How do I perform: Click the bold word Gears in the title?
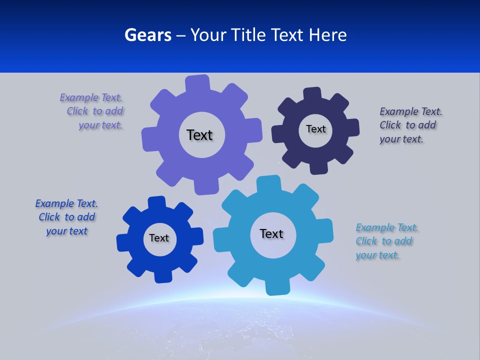coord(147,35)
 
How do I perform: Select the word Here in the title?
coord(327,35)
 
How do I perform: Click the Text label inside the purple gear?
coord(199,135)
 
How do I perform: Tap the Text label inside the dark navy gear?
coord(315,129)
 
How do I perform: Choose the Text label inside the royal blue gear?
coord(159,238)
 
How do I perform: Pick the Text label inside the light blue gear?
coord(271,233)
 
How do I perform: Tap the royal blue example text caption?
coord(66,217)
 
